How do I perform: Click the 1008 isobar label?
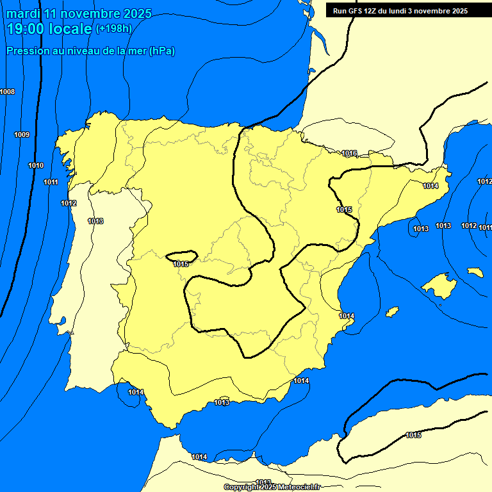(7, 92)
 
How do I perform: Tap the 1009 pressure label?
(22, 135)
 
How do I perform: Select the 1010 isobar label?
(36, 166)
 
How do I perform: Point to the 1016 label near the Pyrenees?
(349, 153)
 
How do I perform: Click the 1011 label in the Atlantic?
(51, 183)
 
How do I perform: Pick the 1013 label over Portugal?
(95, 221)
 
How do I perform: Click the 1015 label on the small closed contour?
(180, 264)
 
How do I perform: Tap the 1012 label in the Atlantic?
(69, 203)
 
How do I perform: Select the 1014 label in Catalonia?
(430, 186)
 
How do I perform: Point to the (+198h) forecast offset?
(113, 29)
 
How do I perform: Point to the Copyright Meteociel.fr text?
(272, 487)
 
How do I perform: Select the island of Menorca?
(475, 272)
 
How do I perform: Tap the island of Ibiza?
(392, 311)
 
